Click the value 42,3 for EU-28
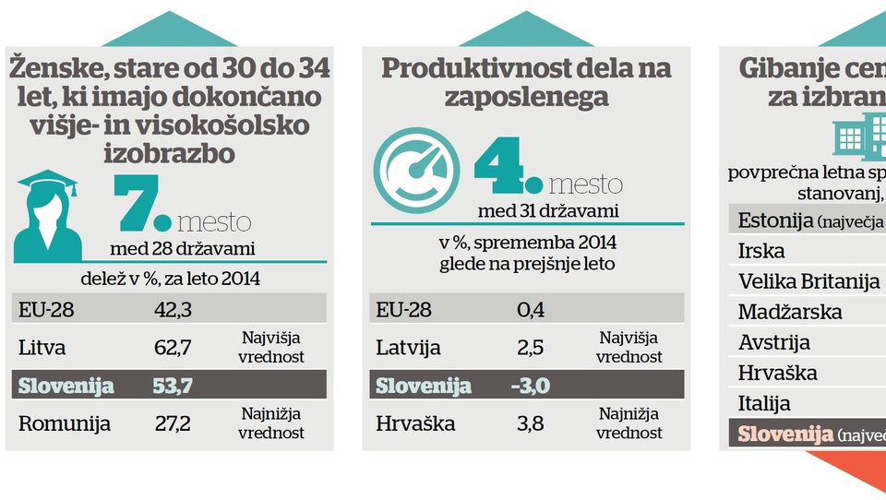[x=173, y=309]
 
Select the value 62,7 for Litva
[x=173, y=347]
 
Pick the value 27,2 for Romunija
[x=173, y=423]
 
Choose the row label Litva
[x=42, y=347]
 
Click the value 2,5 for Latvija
[x=531, y=348]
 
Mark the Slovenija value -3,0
[x=530, y=386]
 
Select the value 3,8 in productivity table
[x=531, y=423]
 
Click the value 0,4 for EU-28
[x=531, y=309]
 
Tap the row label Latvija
[x=409, y=348]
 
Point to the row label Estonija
[x=775, y=220]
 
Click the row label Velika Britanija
[x=809, y=281]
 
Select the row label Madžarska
[x=790, y=312]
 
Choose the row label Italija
[x=764, y=403]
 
